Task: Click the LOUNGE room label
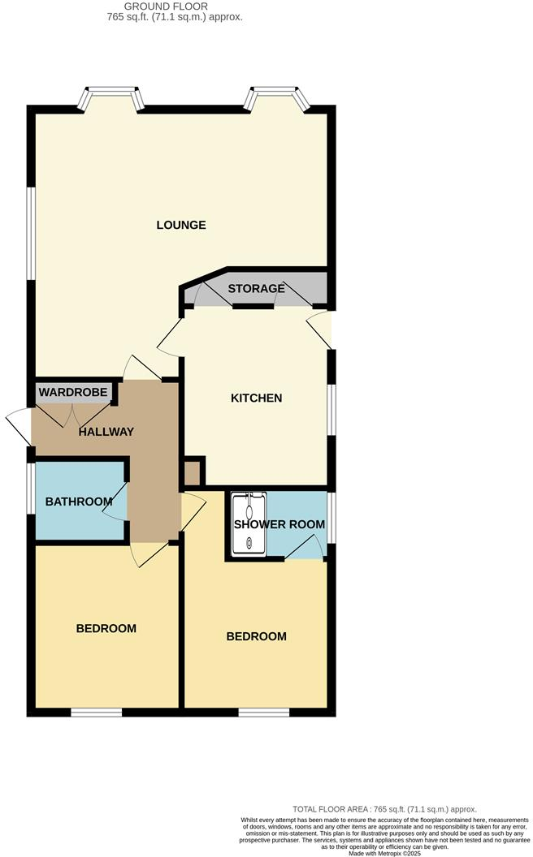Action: point(181,225)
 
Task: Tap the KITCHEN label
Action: point(256,398)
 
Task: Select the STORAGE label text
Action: point(256,289)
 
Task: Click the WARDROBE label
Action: point(73,393)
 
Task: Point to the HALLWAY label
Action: point(106,432)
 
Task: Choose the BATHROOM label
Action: point(78,502)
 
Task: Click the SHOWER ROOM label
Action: point(279,524)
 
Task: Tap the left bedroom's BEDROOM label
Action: point(106,628)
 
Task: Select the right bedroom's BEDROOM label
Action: point(256,636)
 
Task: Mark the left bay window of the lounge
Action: point(111,98)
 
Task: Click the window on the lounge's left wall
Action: point(30,234)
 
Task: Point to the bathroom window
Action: point(30,489)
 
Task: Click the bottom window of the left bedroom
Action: point(96,713)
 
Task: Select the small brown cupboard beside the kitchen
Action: point(193,473)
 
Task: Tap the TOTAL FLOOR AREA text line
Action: point(384,809)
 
